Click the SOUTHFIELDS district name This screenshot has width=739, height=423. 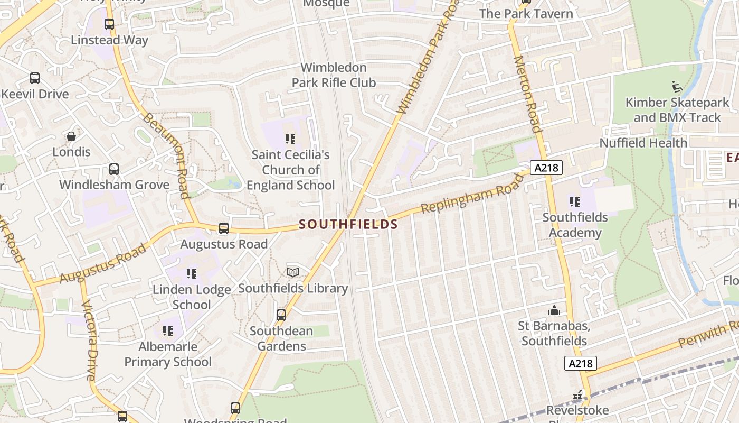(348, 224)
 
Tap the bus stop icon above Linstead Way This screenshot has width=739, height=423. (109, 24)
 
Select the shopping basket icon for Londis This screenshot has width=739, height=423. (71, 136)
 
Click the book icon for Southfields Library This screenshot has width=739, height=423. (293, 272)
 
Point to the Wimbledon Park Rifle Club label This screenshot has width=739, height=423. (334, 75)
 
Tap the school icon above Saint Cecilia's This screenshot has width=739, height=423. (290, 139)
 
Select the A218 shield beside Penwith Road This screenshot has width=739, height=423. (581, 363)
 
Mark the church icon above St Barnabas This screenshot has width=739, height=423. (554, 310)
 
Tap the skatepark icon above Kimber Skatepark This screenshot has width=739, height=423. (676, 86)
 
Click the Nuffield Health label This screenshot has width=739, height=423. (643, 143)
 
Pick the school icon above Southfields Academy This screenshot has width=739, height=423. (575, 201)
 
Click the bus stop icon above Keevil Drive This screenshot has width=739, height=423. (35, 78)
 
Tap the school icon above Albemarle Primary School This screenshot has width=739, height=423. (168, 331)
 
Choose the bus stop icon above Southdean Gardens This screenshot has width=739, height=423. (281, 315)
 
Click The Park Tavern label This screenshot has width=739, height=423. (526, 14)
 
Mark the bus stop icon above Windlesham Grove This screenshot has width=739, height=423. (114, 169)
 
